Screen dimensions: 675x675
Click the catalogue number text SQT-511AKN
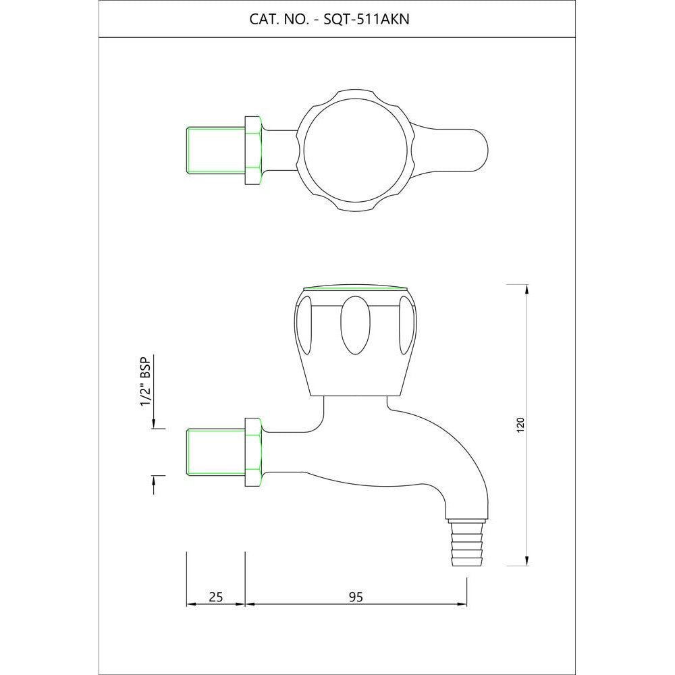pyautogui.click(x=366, y=20)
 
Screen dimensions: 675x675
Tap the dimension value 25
pyautogui.click(x=216, y=597)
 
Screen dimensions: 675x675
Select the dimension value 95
pyautogui.click(x=356, y=597)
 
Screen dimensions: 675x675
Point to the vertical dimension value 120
pyautogui.click(x=520, y=425)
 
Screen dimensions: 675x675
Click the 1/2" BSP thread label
pyautogui.click(x=146, y=381)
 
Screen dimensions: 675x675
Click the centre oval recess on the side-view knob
pyautogui.click(x=355, y=325)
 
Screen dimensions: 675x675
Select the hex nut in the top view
pyautogui.click(x=253, y=151)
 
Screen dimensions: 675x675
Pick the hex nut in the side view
pyautogui.click(x=253, y=452)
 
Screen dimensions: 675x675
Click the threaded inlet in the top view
pyautogui.click(x=216, y=151)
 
